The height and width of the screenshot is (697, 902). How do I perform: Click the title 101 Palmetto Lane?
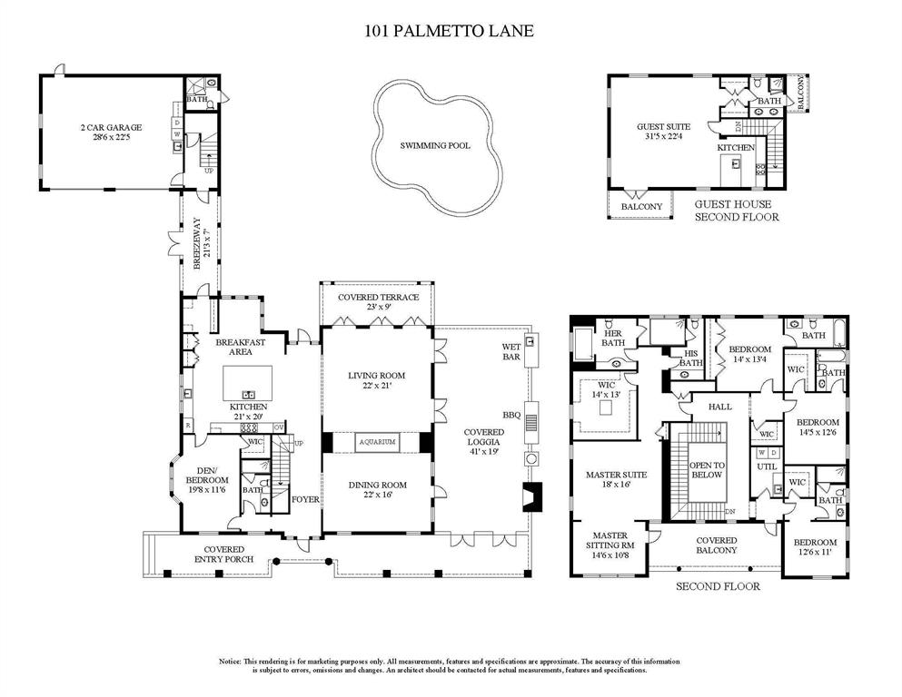click(449, 31)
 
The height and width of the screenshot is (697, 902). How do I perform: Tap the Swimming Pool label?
click(435, 145)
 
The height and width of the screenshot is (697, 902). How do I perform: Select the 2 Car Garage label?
click(105, 128)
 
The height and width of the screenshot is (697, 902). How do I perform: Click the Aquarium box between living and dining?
click(378, 442)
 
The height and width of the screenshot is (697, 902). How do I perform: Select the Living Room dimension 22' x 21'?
click(377, 386)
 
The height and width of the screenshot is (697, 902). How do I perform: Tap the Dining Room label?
click(377, 485)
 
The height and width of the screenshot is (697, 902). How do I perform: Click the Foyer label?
click(304, 499)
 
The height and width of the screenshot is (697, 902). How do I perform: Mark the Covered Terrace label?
click(378, 297)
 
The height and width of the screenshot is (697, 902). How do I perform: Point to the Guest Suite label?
click(663, 127)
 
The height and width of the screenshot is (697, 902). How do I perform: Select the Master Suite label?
click(616, 475)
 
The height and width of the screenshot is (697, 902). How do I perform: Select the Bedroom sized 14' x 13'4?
click(749, 349)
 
